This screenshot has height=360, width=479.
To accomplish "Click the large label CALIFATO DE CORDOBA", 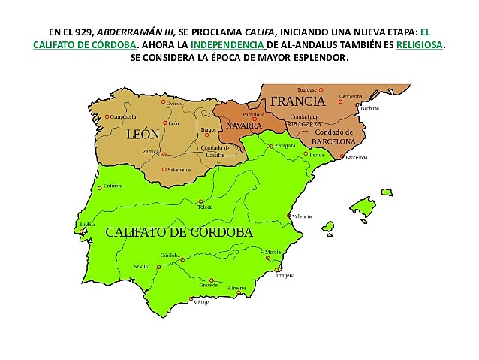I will click(179, 232).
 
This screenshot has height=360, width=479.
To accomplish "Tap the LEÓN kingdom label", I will click(143, 135).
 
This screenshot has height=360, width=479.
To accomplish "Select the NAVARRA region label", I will click(244, 125).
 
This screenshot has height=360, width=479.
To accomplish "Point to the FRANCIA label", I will click(297, 101).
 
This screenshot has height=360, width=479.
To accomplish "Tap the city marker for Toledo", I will click(200, 201).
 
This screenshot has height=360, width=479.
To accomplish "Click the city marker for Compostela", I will click(107, 116).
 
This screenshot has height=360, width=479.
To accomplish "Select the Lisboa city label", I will click(87, 224).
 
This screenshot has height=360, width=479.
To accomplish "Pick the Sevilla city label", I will click(141, 267).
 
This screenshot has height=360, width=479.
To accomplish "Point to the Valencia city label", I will click(302, 216).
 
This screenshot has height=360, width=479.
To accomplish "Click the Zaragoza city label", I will click(285, 145).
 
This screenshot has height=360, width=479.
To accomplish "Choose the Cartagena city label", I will click(282, 275).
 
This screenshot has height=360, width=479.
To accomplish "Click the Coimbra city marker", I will click(99, 188).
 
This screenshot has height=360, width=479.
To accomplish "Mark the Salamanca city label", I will click(179, 170).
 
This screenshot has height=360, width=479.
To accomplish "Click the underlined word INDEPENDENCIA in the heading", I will click(228, 45).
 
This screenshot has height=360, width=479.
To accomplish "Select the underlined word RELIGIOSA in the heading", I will click(419, 45).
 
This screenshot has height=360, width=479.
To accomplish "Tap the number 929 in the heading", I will click(77, 33).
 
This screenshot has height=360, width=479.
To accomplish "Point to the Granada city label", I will click(208, 286).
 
